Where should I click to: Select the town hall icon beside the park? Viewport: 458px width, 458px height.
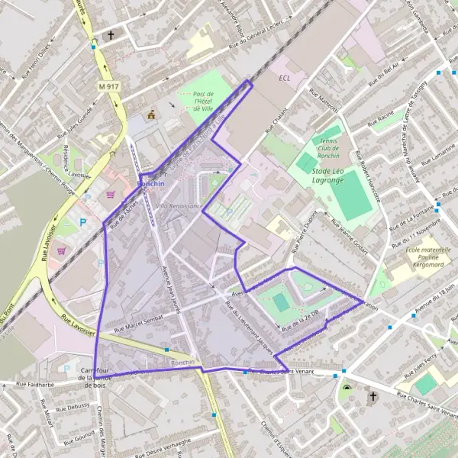[x=151, y=115]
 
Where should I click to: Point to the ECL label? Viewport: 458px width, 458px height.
[x=285, y=79]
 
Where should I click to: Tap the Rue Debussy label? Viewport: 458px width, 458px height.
[x=72, y=407]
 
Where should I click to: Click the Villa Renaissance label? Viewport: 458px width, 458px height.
[x=179, y=207]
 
